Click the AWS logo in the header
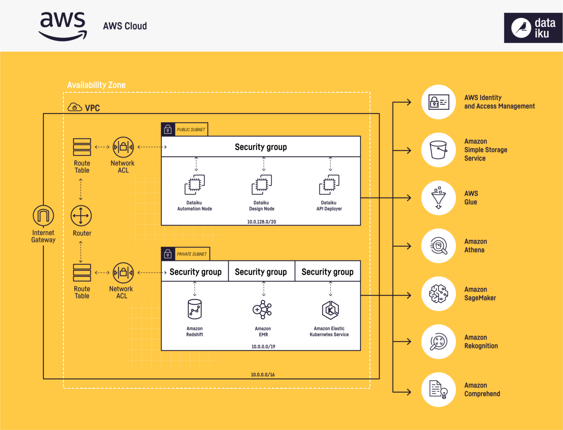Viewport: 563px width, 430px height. click(x=63, y=26)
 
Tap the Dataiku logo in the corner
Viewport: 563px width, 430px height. click(x=533, y=28)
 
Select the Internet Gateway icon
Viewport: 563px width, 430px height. click(x=43, y=216)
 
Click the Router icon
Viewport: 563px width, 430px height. click(x=81, y=216)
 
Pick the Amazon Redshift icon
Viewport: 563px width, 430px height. click(x=195, y=309)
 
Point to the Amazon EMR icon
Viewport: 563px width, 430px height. click(x=262, y=309)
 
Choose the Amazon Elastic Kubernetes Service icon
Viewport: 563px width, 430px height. click(x=330, y=310)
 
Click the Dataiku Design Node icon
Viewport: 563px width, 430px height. click(x=262, y=184)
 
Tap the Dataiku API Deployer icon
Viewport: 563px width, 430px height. click(x=329, y=184)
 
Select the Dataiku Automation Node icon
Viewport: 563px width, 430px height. click(x=195, y=184)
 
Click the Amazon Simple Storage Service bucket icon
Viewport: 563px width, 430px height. click(x=439, y=150)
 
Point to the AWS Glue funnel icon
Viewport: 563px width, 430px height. click(x=439, y=197)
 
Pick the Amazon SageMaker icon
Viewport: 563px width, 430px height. click(x=439, y=294)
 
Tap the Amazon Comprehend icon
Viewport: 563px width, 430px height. click(x=439, y=389)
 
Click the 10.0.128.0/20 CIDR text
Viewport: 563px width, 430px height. click(x=261, y=222)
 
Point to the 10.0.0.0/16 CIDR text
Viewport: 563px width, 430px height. click(x=262, y=375)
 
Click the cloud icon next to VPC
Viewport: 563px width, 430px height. click(x=74, y=107)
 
